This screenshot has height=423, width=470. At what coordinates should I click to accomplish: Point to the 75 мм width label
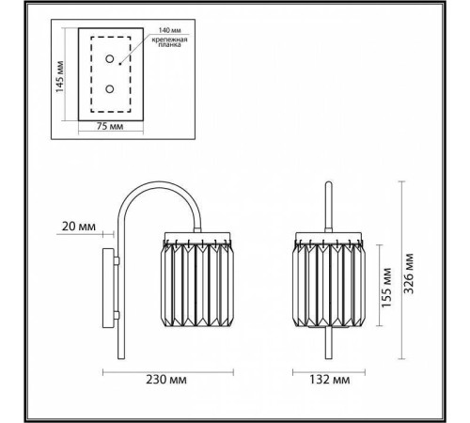[x=111, y=125]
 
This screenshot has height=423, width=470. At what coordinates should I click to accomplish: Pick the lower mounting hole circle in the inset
[x=109, y=90]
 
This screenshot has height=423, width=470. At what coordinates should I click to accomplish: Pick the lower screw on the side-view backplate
[x=117, y=314]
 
